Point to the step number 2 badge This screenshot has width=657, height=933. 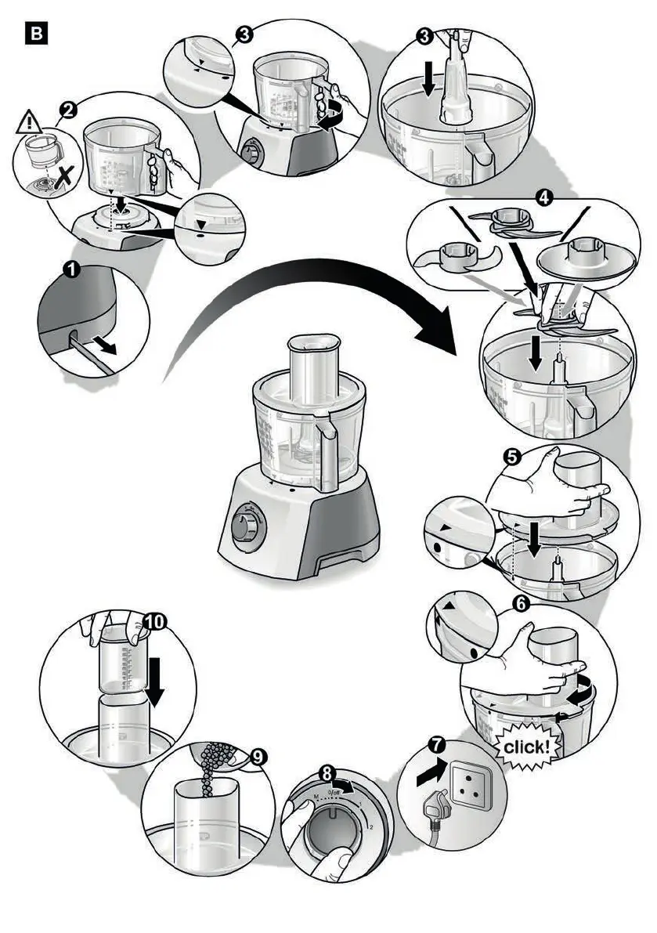(x=69, y=110)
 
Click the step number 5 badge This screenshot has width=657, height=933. (x=514, y=458)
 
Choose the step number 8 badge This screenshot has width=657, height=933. (x=329, y=773)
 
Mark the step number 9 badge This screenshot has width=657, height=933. (x=258, y=757)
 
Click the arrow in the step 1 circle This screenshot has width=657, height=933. (x=106, y=345)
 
